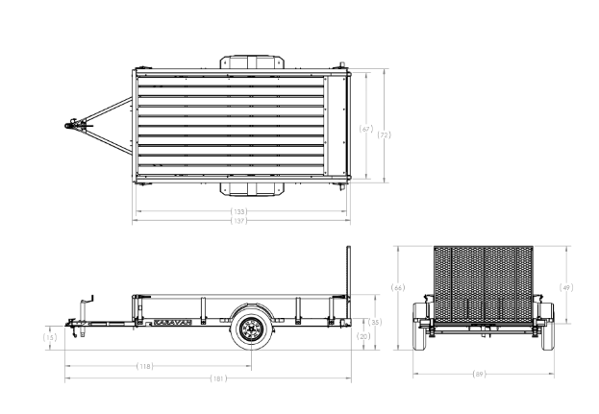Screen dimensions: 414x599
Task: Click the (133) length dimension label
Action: pos(237,211)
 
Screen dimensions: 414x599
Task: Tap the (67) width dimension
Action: pos(364,128)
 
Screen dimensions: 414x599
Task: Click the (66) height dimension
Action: pos(398,287)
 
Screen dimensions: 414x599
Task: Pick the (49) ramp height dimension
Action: pos(565,287)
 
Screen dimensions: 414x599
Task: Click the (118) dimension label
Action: pos(145,366)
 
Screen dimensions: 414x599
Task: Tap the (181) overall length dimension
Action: pos(219,379)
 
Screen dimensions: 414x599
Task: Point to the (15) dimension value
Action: pos(50,337)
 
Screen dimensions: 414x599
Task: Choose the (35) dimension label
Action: pos(375,322)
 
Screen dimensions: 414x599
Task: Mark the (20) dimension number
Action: pos(363,336)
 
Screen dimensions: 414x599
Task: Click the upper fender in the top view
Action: pos(254,60)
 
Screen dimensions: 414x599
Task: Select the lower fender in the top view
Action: pos(254,188)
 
